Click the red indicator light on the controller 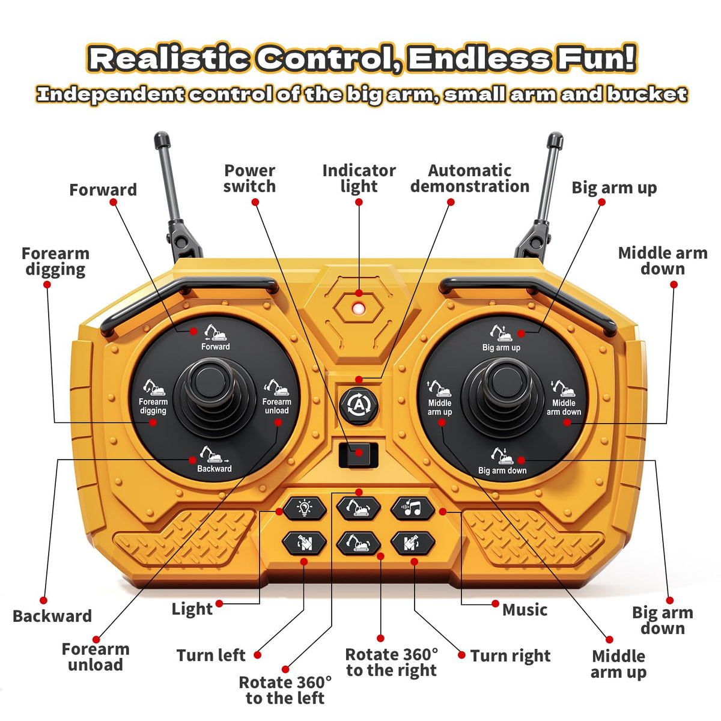(x=359, y=308)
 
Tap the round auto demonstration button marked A (x=359, y=405)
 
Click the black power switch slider (x=359, y=455)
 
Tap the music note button (x=413, y=508)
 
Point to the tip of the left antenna (x=162, y=135)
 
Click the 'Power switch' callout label (x=249, y=178)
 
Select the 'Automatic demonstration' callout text (x=470, y=178)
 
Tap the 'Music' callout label (x=525, y=609)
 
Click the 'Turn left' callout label (x=211, y=656)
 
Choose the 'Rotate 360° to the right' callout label (x=391, y=663)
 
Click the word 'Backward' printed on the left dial (x=214, y=469)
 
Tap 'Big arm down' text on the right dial (x=502, y=470)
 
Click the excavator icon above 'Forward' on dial (x=215, y=332)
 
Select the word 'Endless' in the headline (x=479, y=59)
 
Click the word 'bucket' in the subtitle (x=647, y=94)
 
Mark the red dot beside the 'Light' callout (x=219, y=603)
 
